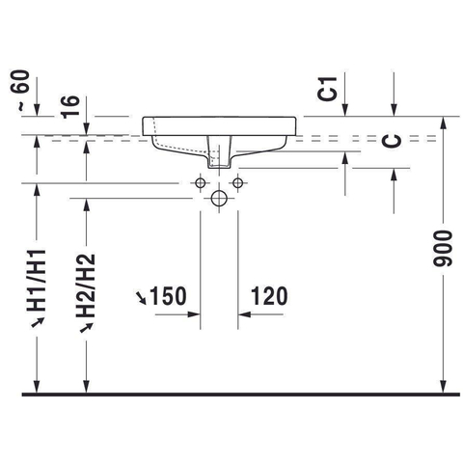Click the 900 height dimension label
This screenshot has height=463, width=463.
point(443,249)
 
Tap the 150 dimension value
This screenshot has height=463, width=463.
point(168,296)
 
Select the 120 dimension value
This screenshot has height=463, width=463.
point(269,296)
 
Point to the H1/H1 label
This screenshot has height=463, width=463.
point(37,280)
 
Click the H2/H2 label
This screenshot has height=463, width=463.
point(86,286)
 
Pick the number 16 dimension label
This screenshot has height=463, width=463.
point(70,106)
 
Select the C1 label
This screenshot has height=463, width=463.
point(327,89)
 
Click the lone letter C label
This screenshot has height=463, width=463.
point(393,141)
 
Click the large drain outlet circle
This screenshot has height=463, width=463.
point(219,198)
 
